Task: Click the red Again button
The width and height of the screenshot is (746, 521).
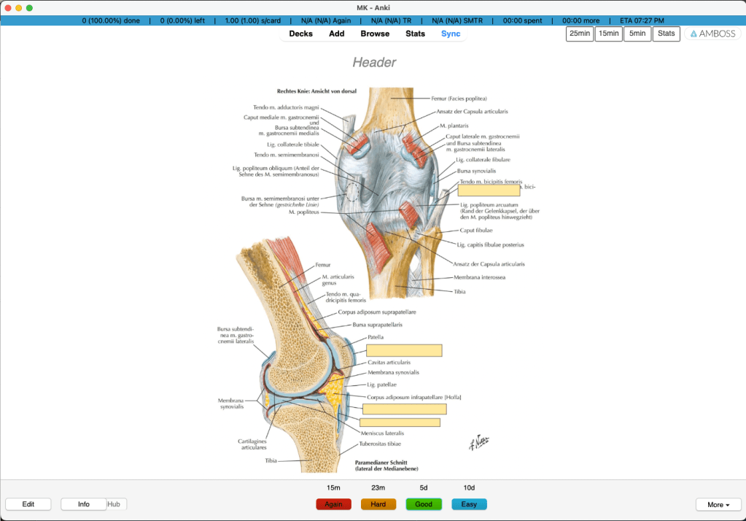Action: point(333,504)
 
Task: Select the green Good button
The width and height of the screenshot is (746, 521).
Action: point(424,504)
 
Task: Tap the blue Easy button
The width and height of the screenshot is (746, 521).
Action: point(469,504)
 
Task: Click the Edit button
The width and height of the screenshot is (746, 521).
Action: point(28,504)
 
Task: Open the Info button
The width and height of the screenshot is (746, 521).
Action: point(83,504)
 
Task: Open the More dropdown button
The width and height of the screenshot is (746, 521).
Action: point(718,504)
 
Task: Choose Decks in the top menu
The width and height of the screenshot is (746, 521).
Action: point(300,34)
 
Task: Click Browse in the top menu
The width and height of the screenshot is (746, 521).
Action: point(375,34)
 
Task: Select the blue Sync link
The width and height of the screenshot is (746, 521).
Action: point(451,34)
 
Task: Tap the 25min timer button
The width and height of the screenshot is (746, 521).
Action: point(580,34)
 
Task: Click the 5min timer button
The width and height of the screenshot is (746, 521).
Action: point(637,34)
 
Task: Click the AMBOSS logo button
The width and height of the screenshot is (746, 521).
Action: point(712,34)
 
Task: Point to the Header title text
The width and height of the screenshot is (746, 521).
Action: point(374,63)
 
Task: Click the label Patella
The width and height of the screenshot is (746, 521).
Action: point(376,337)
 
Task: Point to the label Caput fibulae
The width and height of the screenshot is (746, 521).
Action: point(475,230)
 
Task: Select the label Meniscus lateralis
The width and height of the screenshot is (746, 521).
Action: point(383,433)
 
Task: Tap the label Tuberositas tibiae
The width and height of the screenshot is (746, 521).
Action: point(379,444)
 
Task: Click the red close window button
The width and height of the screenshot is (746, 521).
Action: point(8,7)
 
